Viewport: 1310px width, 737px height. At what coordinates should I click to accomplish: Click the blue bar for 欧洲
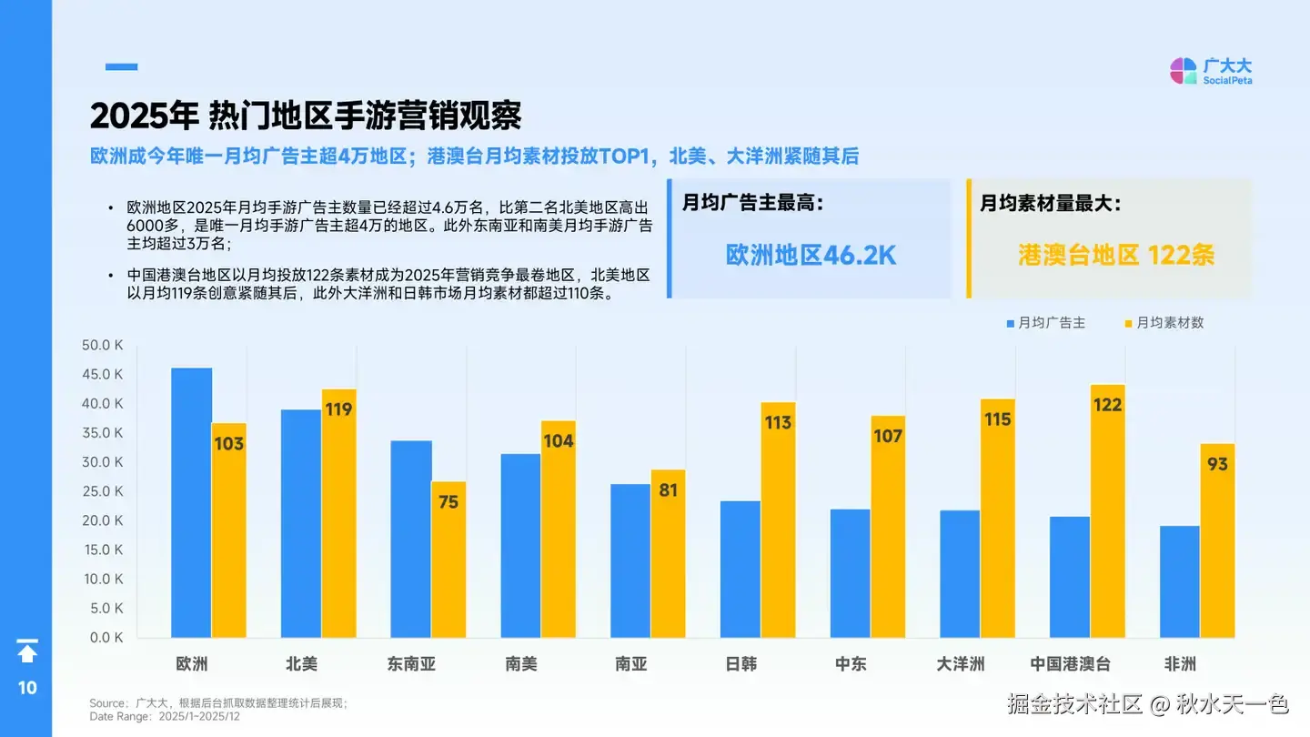coord(191,502)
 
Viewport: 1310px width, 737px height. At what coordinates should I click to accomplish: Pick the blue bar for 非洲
coord(1179,581)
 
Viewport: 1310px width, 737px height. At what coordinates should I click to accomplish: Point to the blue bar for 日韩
coord(740,569)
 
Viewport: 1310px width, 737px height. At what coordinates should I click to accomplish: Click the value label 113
coord(779,422)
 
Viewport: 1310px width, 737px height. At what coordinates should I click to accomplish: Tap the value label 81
coord(668,490)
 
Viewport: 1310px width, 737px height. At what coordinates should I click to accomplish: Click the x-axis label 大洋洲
coord(961,664)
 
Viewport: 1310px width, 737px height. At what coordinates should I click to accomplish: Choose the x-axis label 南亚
coord(631,664)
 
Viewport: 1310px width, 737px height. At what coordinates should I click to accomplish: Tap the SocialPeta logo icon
coord(1183,71)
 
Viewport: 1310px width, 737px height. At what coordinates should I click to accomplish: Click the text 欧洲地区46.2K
coord(811,255)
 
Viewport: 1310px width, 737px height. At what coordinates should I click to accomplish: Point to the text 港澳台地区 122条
coord(1116,255)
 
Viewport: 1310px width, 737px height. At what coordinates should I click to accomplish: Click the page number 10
coord(27,688)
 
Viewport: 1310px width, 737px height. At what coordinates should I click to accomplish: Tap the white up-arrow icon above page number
coord(27,651)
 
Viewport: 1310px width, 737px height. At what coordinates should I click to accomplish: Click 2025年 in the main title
coord(144,116)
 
